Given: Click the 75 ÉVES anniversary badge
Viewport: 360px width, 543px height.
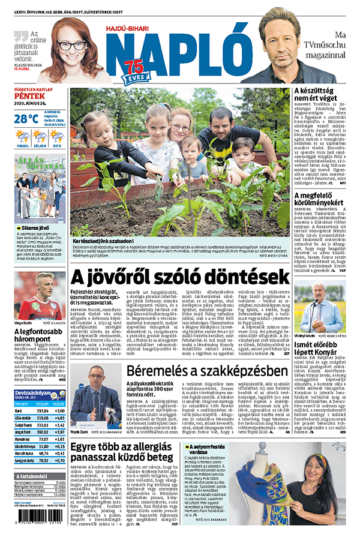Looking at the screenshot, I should point(135,71).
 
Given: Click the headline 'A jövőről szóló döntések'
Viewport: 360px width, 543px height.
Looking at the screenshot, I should point(180,277).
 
